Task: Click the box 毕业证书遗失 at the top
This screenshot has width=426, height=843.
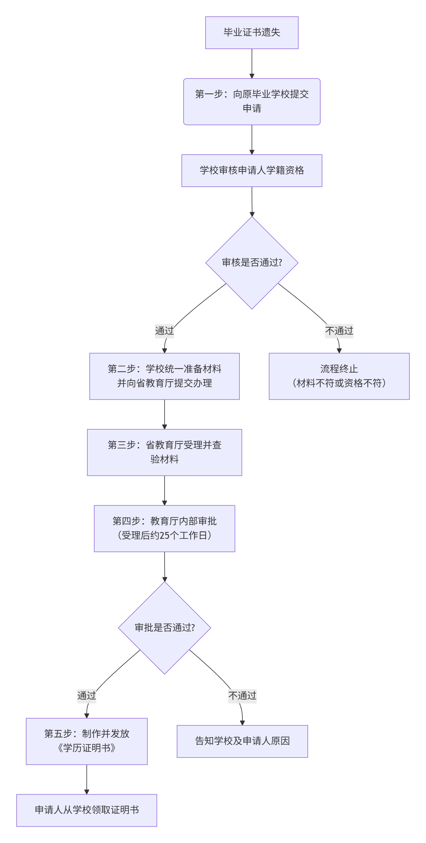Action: click(x=252, y=33)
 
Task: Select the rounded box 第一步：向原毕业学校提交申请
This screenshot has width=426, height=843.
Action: click(x=252, y=101)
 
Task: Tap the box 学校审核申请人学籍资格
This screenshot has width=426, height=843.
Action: click(x=252, y=170)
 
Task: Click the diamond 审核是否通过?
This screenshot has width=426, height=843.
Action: click(x=252, y=263)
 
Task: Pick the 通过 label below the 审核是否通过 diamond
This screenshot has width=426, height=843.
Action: click(x=165, y=331)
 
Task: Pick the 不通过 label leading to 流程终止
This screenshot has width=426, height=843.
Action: click(x=339, y=331)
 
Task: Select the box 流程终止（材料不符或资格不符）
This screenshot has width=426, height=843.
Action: click(x=339, y=376)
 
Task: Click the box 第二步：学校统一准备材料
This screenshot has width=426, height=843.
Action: click(x=165, y=376)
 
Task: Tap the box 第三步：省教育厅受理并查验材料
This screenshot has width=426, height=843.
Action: click(x=165, y=452)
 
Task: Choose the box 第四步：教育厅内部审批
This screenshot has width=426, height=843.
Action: click(x=165, y=528)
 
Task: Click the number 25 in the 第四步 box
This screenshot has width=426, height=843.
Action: click(x=165, y=535)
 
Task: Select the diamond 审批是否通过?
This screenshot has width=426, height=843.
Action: click(x=165, y=627)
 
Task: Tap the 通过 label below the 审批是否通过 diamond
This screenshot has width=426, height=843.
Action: click(x=87, y=696)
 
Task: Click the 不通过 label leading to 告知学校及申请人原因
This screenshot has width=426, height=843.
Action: click(x=242, y=696)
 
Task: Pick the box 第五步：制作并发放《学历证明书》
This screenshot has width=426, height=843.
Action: click(x=87, y=741)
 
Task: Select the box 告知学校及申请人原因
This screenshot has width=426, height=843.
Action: click(x=242, y=741)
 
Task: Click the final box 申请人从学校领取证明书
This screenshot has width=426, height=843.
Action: click(x=87, y=810)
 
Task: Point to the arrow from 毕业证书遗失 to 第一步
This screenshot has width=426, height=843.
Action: click(x=252, y=64)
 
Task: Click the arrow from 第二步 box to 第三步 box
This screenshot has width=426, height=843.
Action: click(x=165, y=414)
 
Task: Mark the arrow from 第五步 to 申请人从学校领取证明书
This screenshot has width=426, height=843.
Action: click(x=87, y=779)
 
